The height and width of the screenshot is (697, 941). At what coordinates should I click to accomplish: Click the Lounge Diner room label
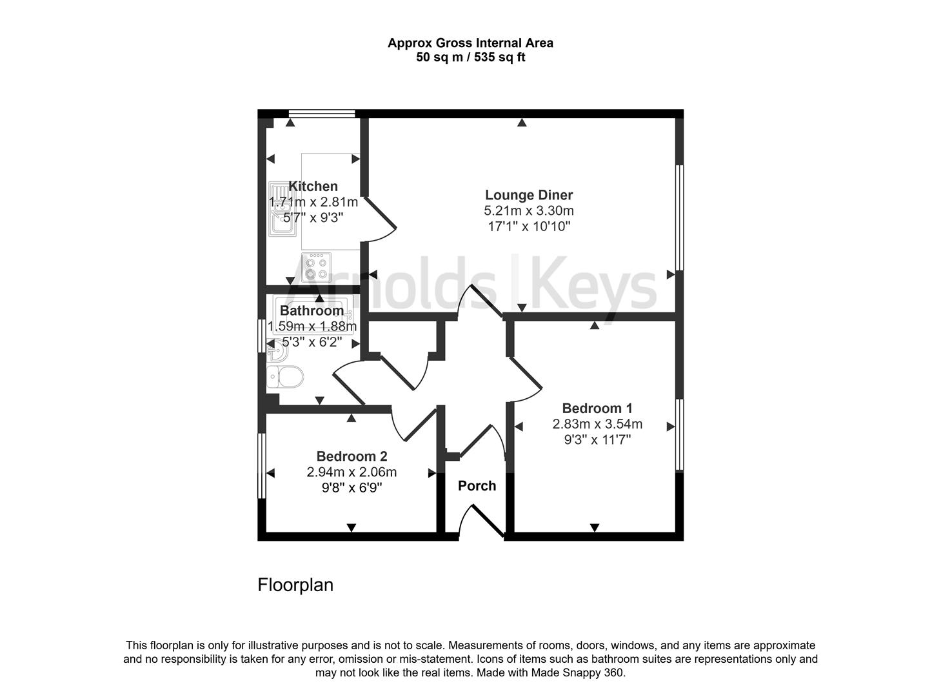point(529,195)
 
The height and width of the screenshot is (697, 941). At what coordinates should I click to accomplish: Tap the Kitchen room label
point(313,186)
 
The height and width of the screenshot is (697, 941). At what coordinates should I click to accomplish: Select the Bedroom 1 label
point(597,408)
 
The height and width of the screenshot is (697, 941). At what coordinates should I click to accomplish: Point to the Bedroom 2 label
point(352,456)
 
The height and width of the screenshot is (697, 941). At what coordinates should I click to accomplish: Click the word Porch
point(477,485)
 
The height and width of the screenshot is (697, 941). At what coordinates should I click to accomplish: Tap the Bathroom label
point(312,310)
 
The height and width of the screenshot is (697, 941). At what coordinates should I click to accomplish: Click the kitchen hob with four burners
point(316,267)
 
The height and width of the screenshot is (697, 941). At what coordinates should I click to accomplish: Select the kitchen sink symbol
point(280,209)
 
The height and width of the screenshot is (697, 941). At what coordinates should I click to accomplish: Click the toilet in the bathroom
point(284,376)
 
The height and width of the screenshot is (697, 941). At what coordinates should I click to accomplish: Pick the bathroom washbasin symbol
point(277,352)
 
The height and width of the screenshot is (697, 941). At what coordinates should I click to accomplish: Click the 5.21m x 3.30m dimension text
point(529,210)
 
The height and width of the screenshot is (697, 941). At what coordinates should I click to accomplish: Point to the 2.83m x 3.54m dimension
point(597,423)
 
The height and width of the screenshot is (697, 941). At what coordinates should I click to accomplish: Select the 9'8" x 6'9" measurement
point(352,488)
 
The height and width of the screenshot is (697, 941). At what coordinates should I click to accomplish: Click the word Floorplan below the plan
point(295,585)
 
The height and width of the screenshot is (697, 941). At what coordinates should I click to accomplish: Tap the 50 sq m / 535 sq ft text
point(471,57)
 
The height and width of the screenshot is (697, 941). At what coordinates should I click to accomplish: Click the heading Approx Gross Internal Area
point(471,43)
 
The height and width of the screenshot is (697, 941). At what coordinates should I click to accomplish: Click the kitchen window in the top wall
point(322,114)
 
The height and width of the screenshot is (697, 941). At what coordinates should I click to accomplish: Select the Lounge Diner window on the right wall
point(679,217)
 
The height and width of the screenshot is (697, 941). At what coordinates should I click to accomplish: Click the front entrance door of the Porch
point(482,521)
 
